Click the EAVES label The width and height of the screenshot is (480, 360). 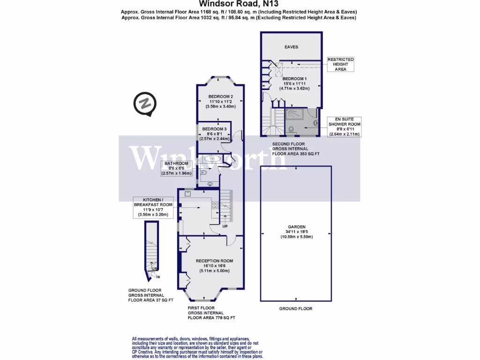(x=291, y=47)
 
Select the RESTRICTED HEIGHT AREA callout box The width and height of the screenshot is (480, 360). (x=340, y=64)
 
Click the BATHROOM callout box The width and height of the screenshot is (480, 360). (x=176, y=168)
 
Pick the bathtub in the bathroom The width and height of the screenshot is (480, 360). (x=212, y=159)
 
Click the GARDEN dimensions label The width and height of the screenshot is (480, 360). (x=296, y=233)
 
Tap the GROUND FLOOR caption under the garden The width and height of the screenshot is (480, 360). (x=295, y=308)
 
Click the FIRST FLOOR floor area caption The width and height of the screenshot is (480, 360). (x=211, y=313)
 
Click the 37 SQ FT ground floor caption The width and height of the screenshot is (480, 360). (x=150, y=295)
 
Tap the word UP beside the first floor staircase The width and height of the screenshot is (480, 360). (x=225, y=226)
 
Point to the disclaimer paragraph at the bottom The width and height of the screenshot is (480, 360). (x=197, y=347)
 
